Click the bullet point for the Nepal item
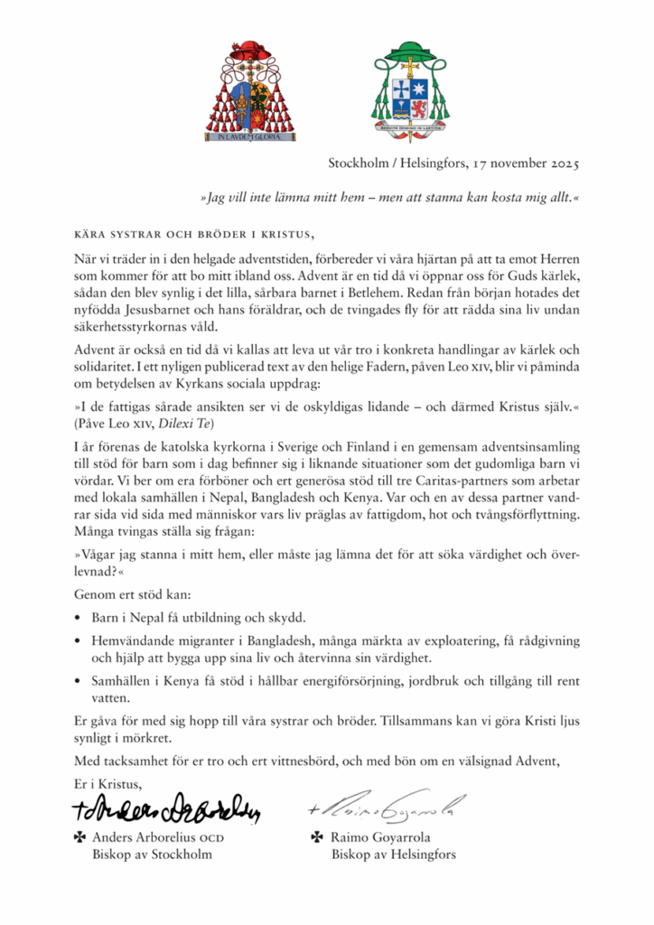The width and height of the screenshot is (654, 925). [79, 619]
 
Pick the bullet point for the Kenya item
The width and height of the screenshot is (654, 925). [79, 680]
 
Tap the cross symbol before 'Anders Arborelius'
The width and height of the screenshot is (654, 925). [79, 837]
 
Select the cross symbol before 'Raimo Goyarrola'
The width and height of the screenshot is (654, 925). [316, 837]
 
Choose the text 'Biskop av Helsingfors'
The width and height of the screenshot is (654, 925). [394, 855]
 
